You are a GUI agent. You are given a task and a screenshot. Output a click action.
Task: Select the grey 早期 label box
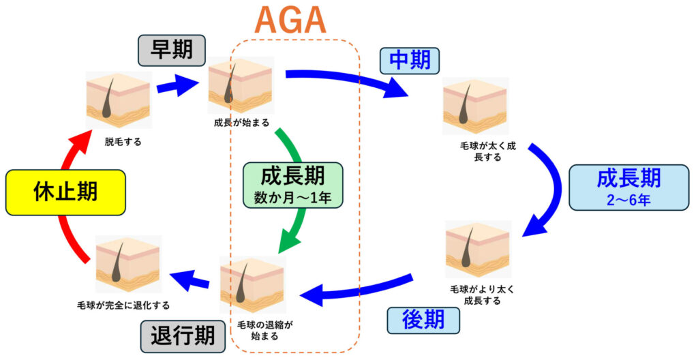click(x=172, y=50)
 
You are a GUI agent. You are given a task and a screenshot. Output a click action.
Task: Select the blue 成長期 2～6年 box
click(x=628, y=185)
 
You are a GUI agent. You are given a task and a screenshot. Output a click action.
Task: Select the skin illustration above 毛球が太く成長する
click(x=476, y=106)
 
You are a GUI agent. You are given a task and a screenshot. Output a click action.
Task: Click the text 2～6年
click(x=628, y=200)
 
